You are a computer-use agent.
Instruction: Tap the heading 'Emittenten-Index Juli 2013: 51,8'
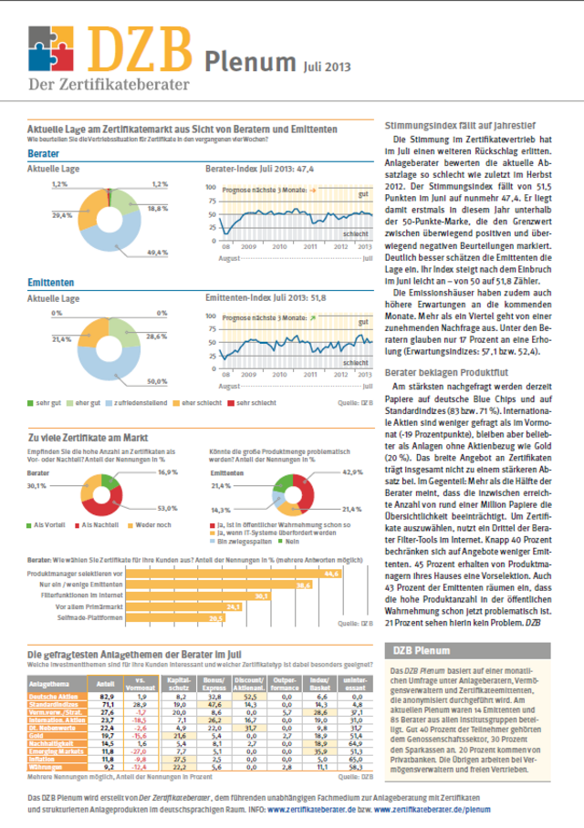click(x=264, y=298)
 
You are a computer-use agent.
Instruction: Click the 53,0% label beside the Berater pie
click(x=167, y=507)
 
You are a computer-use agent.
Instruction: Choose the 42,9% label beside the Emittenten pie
click(x=351, y=472)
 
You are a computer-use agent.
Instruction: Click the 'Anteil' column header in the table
click(x=105, y=682)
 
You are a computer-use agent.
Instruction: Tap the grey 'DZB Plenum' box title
click(x=419, y=650)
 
